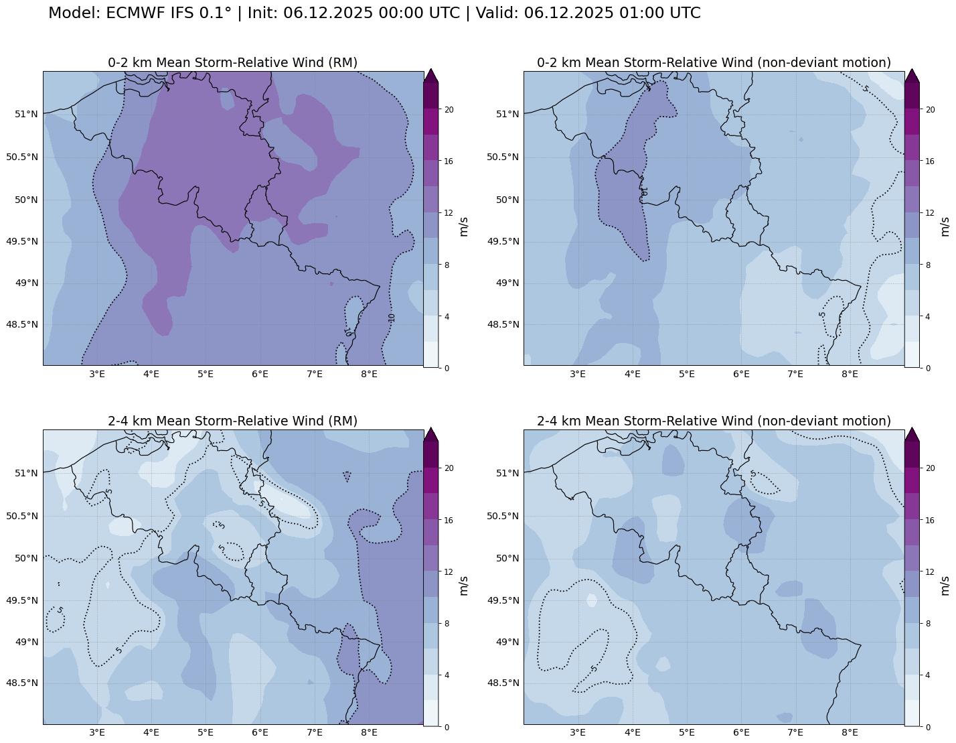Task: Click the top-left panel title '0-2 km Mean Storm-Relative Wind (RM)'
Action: [x=232, y=62]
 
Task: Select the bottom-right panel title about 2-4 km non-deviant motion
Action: [x=714, y=421]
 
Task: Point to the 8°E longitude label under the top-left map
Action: [x=369, y=373]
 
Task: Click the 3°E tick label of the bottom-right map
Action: [x=578, y=732]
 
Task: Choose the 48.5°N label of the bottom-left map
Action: [x=22, y=683]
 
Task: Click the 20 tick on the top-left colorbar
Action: [x=449, y=110]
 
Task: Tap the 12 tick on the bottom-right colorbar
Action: [x=929, y=571]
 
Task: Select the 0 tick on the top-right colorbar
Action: [x=927, y=368]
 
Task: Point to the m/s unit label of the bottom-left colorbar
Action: [x=463, y=585]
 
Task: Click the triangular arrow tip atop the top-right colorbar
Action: [x=912, y=75]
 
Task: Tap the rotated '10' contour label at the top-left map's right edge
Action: [x=392, y=318]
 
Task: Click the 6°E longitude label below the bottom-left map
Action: [x=260, y=732]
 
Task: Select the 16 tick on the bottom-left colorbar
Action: [x=449, y=520]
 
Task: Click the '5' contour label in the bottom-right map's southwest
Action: [x=594, y=669]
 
